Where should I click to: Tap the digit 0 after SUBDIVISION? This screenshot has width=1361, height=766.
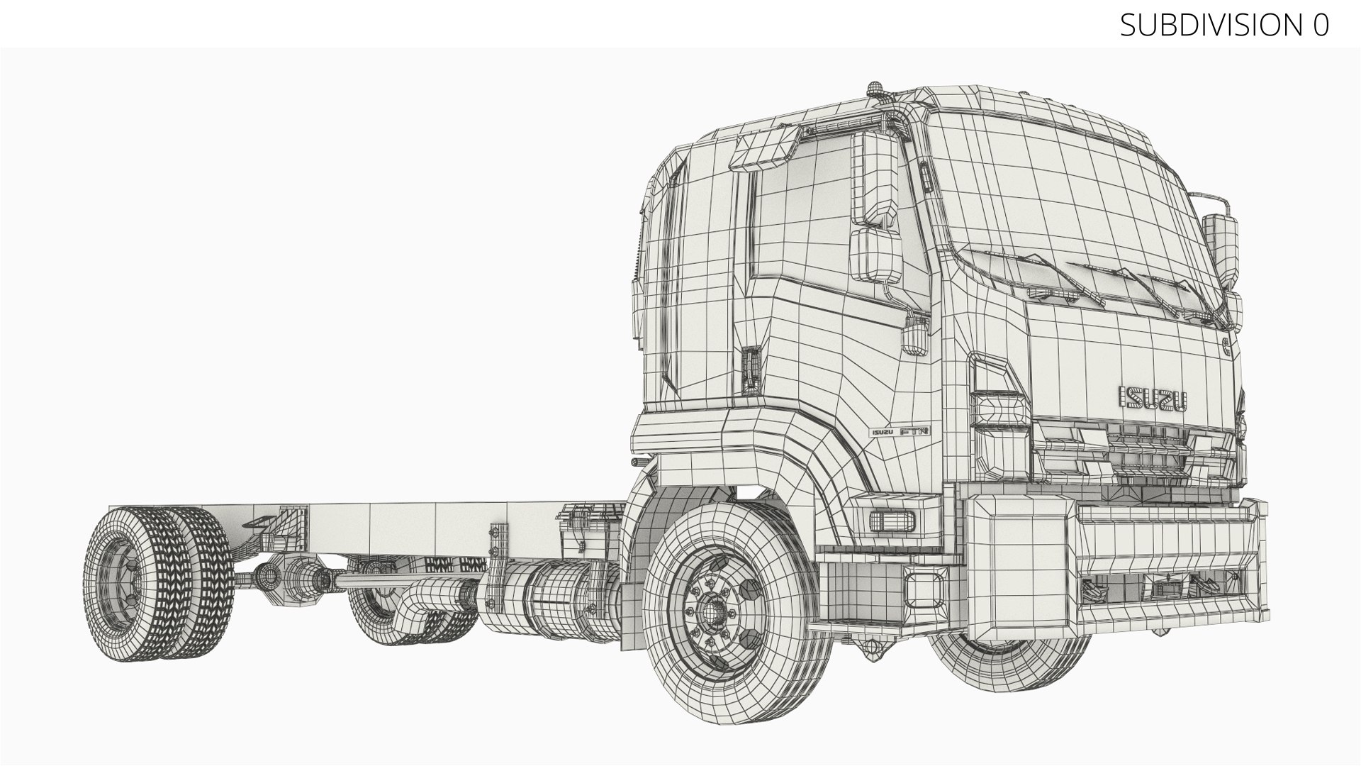point(1319,25)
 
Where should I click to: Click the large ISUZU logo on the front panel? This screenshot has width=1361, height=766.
point(1153,398)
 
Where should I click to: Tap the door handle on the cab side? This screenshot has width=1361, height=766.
point(750,369)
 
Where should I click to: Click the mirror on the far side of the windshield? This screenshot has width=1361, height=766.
point(1221,241)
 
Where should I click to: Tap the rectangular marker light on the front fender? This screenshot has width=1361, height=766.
point(891,520)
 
